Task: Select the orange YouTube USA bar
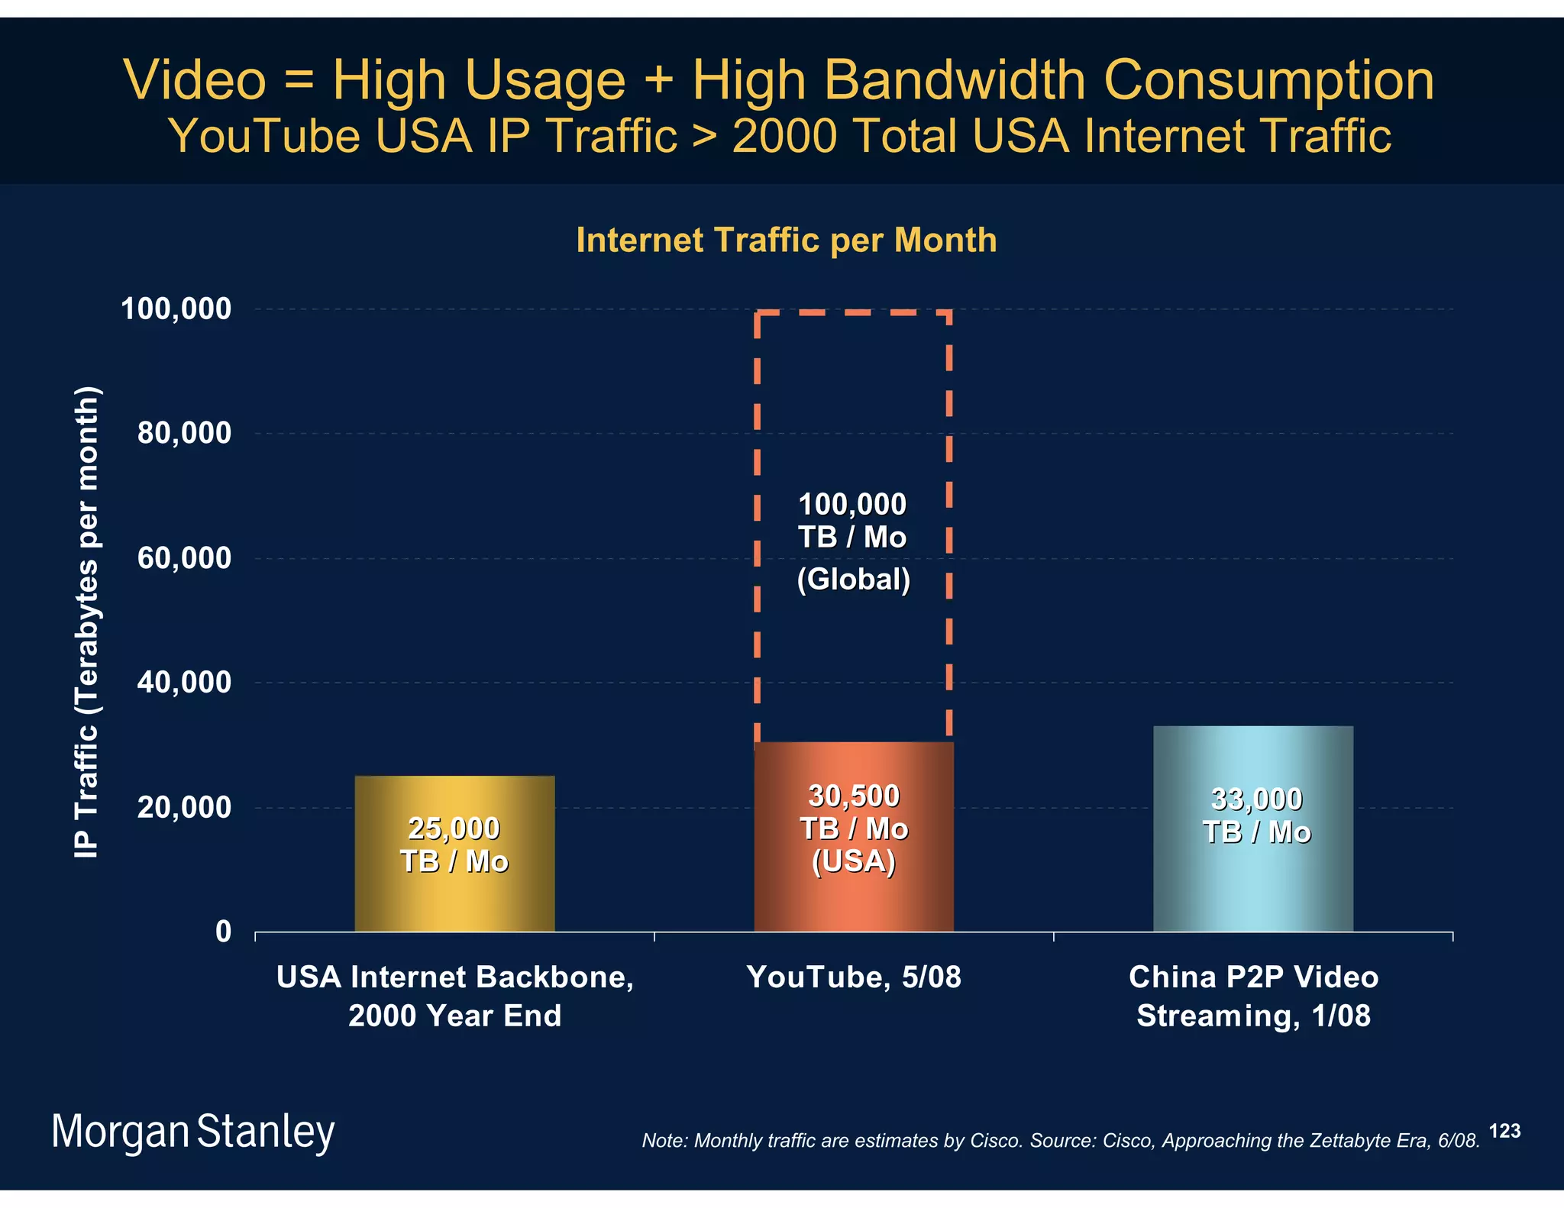tap(853, 901)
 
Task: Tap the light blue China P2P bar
tap(1252, 886)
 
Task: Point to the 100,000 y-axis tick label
tap(176, 309)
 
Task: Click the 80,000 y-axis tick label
tap(184, 433)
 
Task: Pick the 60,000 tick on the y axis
tap(184, 558)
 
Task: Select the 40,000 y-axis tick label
tap(184, 683)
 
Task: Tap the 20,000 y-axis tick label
tap(184, 807)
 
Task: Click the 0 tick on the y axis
tap(223, 932)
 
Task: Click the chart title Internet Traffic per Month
tap(787, 240)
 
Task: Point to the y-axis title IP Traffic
tap(87, 622)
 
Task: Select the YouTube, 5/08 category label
tap(853, 977)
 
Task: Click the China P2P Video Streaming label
tap(1253, 996)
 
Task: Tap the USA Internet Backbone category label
tap(455, 996)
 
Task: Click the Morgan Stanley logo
tap(193, 1132)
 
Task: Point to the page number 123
tap(1504, 1131)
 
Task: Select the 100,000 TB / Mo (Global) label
tap(853, 541)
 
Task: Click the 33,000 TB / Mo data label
tap(1256, 816)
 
